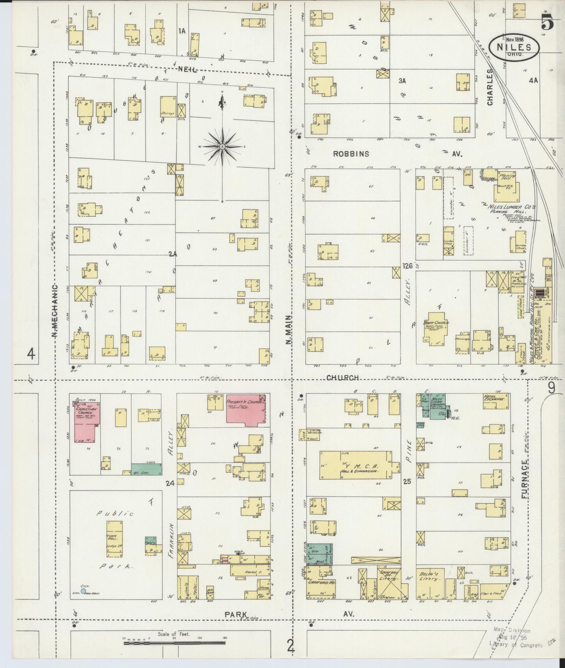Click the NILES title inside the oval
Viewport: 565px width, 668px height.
click(514, 47)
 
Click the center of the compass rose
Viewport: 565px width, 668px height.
click(222, 147)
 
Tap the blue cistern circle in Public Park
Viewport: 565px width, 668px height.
click(83, 591)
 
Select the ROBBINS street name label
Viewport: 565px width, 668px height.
click(351, 154)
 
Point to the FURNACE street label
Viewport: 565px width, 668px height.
click(524, 480)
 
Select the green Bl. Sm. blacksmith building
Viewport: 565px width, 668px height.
click(146, 469)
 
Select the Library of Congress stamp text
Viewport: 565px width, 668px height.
click(516, 645)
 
